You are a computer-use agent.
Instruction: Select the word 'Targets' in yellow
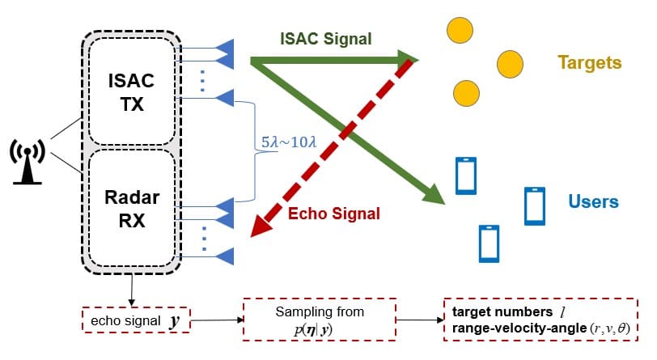click(589, 62)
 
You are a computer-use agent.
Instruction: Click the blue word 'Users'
click(593, 201)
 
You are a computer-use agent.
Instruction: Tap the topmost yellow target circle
click(460, 31)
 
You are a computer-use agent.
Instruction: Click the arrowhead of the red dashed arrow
click(261, 229)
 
